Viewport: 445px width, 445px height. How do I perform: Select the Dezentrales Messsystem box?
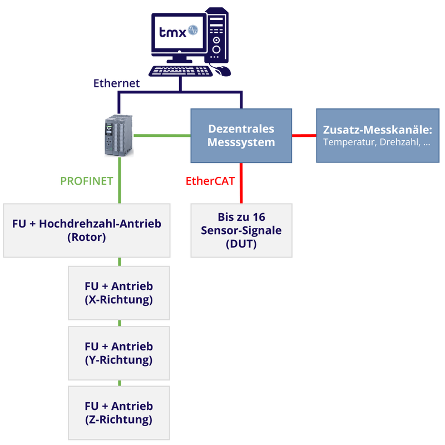pos(241,135)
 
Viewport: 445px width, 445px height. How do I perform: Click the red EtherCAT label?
pos(210,181)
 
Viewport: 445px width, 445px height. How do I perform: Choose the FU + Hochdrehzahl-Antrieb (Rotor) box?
pos(86,230)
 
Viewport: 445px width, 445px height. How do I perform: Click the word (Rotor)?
pos(86,237)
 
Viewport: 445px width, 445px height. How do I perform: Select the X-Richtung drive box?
pos(118,293)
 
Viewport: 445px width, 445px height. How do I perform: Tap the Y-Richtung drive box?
pos(118,353)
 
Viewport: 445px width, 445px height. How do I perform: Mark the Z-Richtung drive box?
pos(118,413)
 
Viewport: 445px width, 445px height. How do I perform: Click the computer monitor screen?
pos(177,32)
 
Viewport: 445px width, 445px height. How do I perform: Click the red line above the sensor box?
pos(240,183)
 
